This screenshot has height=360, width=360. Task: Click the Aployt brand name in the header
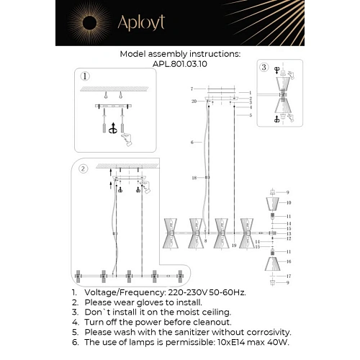point(142,23)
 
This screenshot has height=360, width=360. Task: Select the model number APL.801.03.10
point(180,63)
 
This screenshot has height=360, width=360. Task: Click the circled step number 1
point(85,76)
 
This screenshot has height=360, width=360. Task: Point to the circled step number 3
point(264,68)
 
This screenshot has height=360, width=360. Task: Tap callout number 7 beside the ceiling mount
point(192,89)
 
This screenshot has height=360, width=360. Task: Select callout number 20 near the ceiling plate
point(194,102)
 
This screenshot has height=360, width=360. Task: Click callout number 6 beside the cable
point(192,143)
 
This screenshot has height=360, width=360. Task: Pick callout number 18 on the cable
point(194,177)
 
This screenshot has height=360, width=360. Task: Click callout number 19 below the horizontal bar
point(235,246)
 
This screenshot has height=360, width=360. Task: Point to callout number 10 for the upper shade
point(288,203)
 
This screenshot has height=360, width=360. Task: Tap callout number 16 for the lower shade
point(288,261)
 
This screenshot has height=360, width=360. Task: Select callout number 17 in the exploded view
point(288,276)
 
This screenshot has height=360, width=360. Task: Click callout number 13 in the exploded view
point(288,234)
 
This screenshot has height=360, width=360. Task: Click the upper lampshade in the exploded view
point(274,205)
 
